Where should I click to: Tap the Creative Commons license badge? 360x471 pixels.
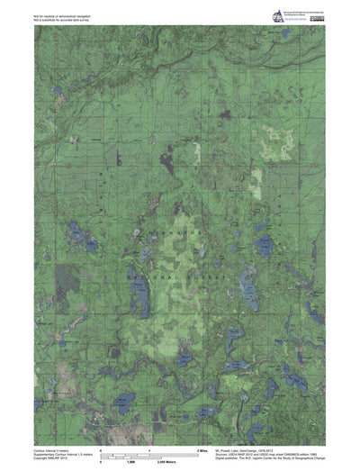(316, 12)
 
